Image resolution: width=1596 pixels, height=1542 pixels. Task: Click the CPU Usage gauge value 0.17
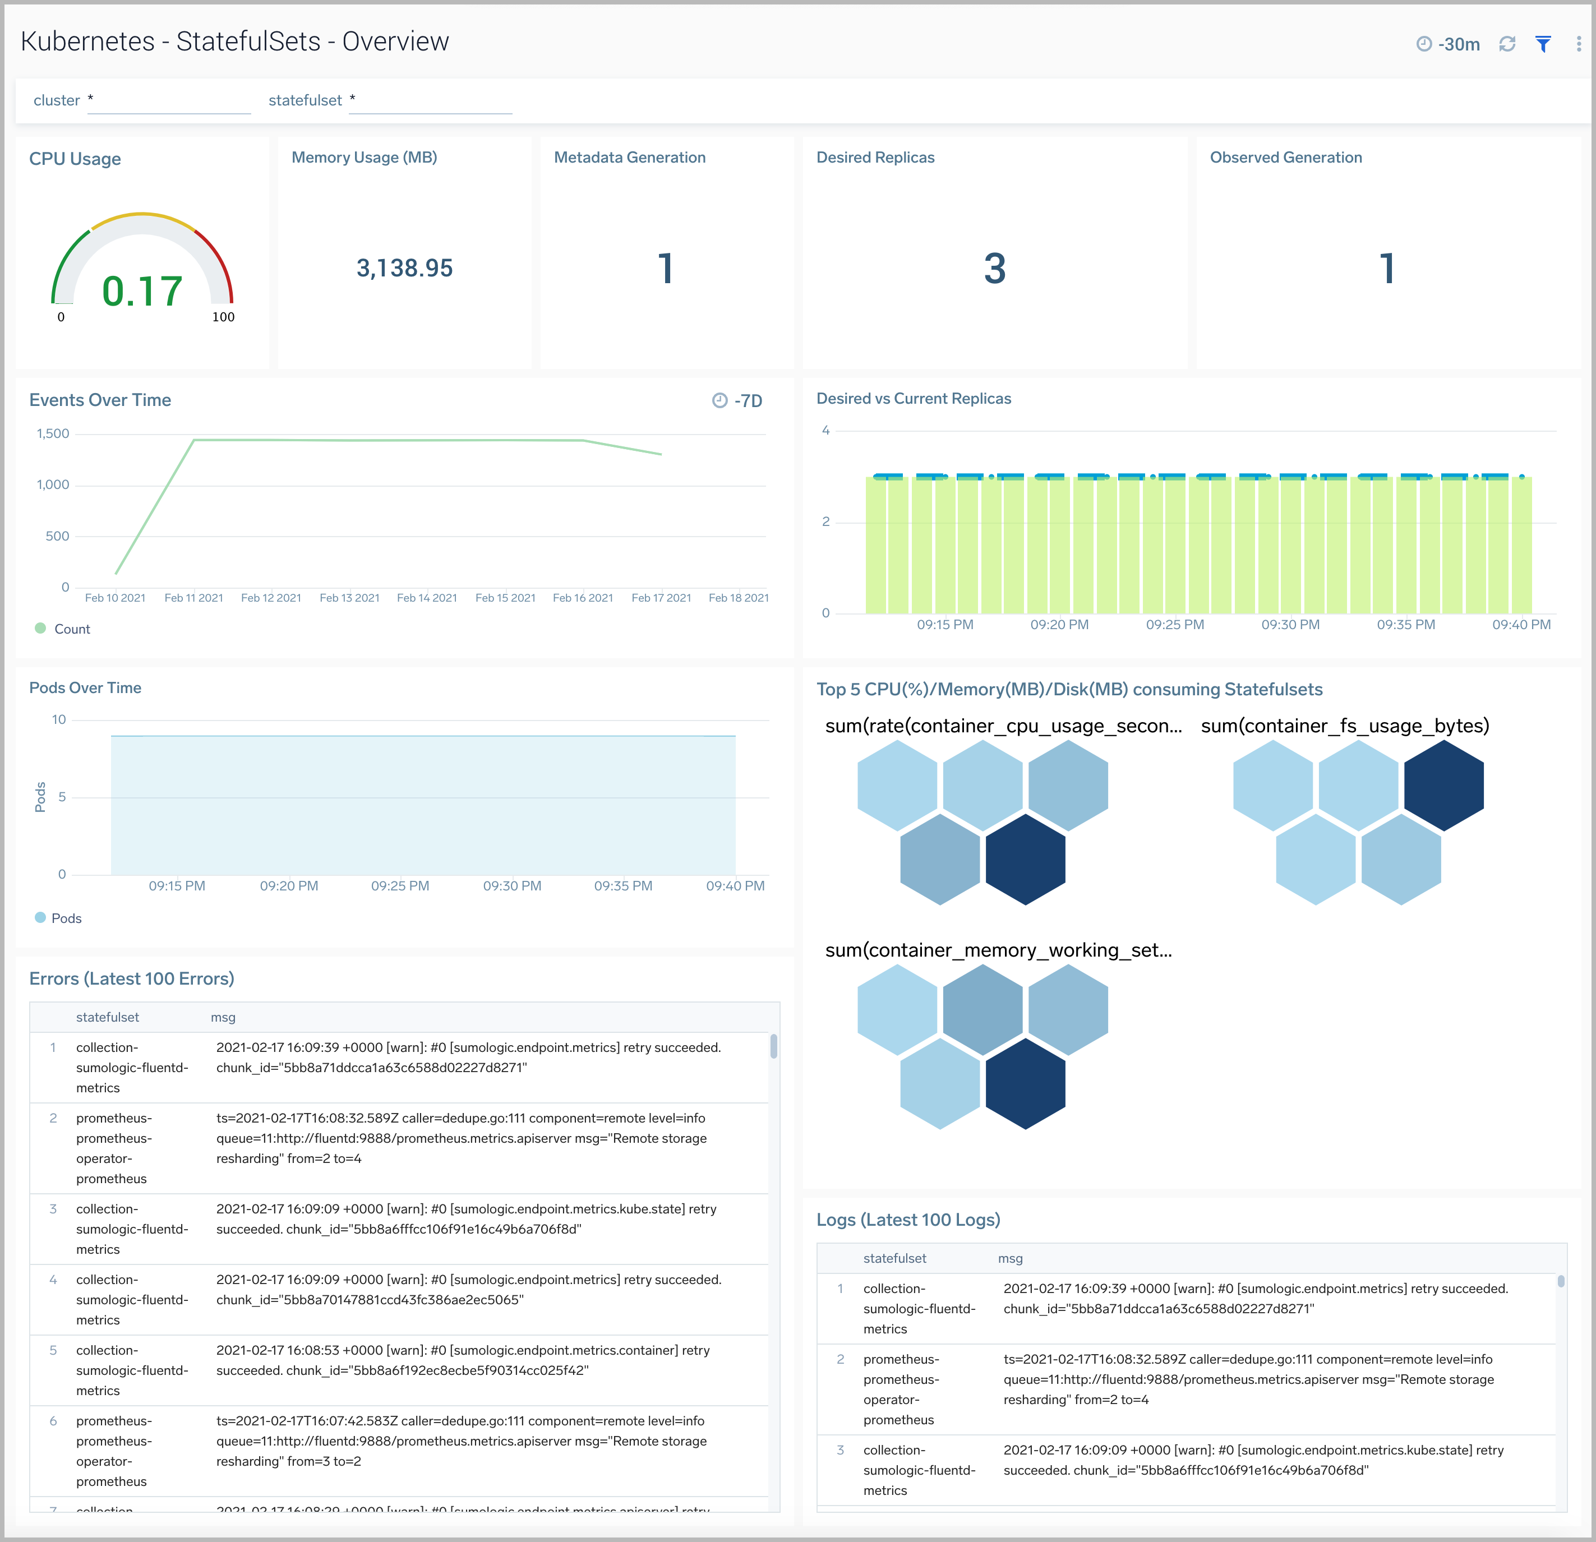142,292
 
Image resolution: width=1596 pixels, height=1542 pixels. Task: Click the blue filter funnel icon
1542,44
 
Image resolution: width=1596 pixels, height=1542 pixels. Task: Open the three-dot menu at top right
1578,44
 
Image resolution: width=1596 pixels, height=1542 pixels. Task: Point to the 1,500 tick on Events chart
53,434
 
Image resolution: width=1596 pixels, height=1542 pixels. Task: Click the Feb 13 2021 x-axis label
349,598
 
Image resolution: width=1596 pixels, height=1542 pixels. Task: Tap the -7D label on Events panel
748,400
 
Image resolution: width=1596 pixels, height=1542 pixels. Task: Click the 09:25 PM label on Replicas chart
1174,625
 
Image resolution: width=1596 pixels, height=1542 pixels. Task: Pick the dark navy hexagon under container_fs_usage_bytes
1443,785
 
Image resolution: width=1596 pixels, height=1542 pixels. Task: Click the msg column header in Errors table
223,1017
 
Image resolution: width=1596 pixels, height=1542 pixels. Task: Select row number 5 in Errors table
53,1350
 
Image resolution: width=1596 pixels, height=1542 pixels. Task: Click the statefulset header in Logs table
894,1258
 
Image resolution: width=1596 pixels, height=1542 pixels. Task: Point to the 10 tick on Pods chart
59,720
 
